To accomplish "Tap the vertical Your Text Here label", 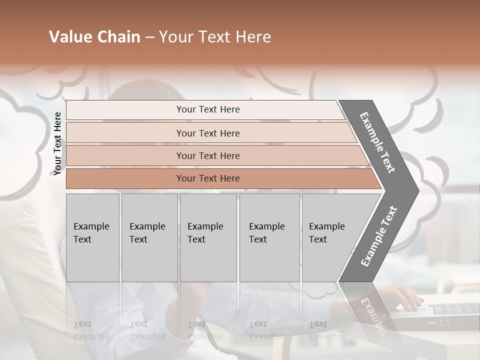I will tap(57, 144).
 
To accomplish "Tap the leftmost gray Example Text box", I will tap(92, 237).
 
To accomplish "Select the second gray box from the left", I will tap(149, 237).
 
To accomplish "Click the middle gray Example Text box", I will tap(208, 237).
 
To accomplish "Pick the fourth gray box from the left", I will tap(269, 237).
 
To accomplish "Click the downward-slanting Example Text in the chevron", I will tap(377, 142).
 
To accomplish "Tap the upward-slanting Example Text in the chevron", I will tap(378, 236).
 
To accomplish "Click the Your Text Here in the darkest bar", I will tap(208, 178).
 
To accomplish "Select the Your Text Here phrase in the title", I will tap(215, 37).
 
